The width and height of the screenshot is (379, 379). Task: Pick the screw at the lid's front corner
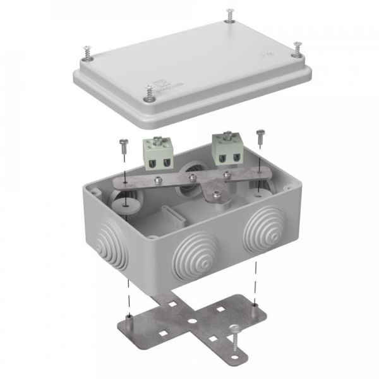click(149, 93)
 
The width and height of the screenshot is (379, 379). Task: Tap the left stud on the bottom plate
click(129, 315)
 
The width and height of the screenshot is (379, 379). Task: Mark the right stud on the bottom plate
click(254, 306)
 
